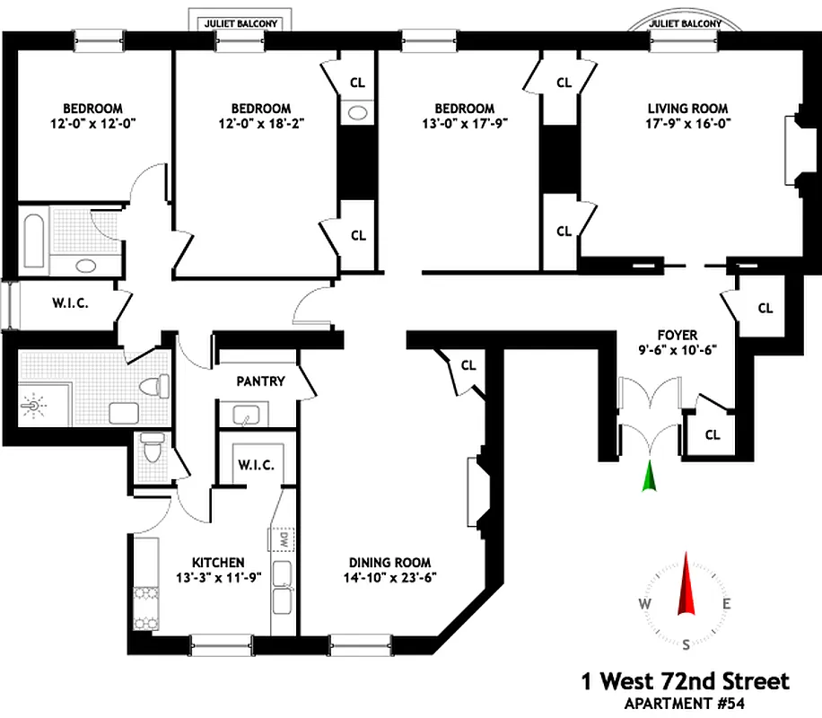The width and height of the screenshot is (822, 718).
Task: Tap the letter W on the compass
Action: coord(644,603)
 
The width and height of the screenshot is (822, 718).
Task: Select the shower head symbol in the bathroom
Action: coord(34,407)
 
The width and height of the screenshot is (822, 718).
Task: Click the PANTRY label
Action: coord(260,381)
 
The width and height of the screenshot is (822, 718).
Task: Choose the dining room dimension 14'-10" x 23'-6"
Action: coord(392,579)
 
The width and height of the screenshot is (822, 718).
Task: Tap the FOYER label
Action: coord(678,335)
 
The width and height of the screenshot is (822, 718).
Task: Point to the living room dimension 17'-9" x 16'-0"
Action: coord(684,125)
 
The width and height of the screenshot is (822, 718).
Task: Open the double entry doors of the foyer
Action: coord(651,404)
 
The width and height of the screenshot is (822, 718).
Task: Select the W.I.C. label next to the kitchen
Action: coord(256,465)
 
